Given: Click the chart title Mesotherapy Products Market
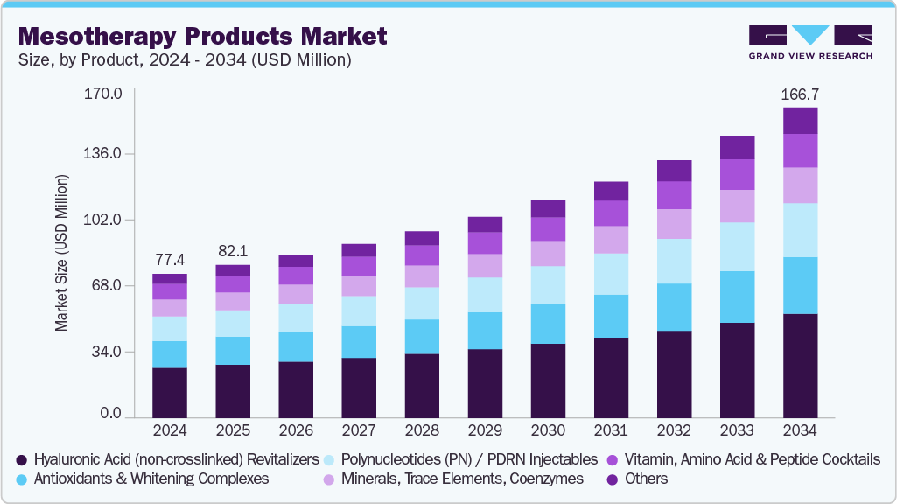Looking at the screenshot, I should (x=202, y=37).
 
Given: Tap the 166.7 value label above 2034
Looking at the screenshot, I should (x=800, y=94).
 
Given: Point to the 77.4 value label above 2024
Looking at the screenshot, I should (x=169, y=260).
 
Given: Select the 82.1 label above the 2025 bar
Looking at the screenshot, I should (x=233, y=250).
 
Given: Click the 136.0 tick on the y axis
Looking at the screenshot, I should (x=103, y=154).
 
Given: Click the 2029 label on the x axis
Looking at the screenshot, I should (x=484, y=431).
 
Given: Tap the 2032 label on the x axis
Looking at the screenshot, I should (x=674, y=431).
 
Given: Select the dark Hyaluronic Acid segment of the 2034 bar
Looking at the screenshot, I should (x=800, y=365).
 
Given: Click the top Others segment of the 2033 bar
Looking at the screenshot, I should (x=737, y=147).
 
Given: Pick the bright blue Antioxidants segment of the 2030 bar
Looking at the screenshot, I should (x=548, y=324).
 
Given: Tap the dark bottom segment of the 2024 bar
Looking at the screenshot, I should (x=169, y=392).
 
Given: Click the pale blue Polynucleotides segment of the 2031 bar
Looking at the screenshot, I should (x=611, y=274).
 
